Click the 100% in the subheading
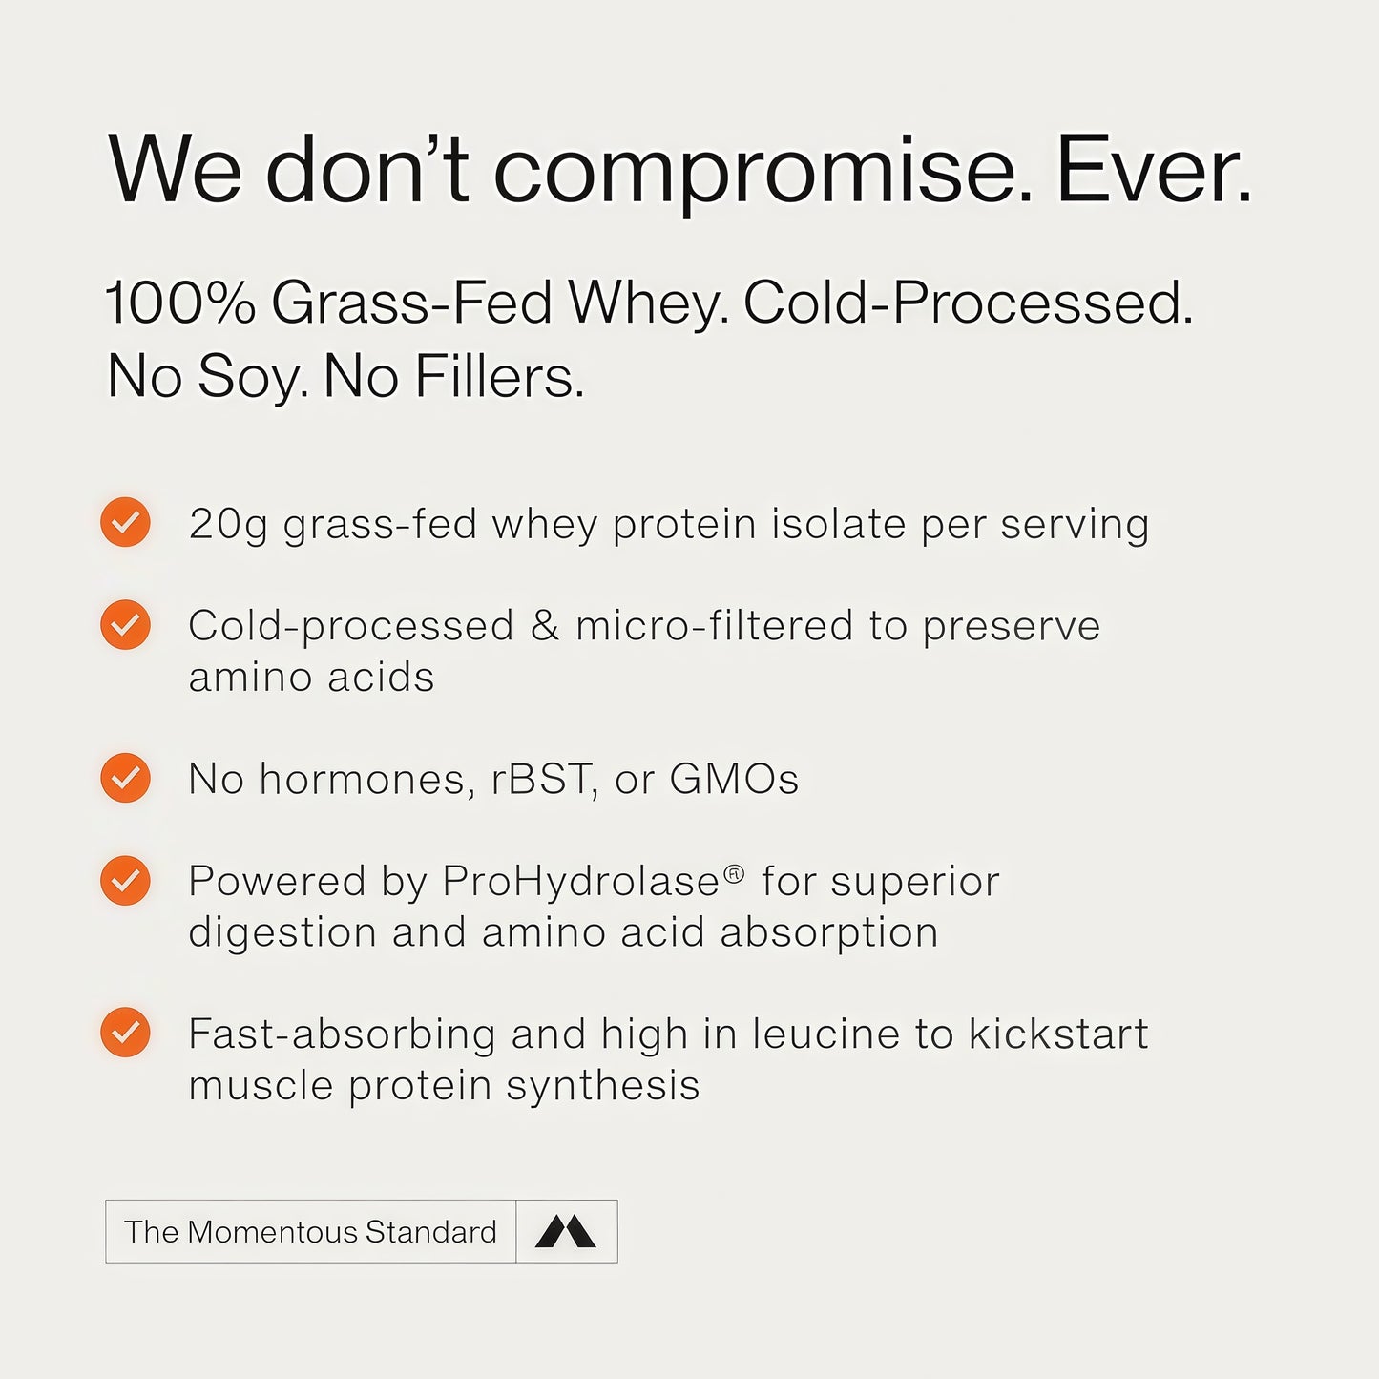coord(180,303)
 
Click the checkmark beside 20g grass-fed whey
coord(125,523)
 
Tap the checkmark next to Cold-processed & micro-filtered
coord(125,625)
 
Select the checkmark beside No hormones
coord(125,778)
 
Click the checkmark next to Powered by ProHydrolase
coord(125,880)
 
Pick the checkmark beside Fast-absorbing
coord(125,1033)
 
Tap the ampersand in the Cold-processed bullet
coord(545,626)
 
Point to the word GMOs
coord(734,779)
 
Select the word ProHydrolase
coord(580,882)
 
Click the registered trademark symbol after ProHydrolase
coord(734,872)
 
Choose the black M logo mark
coord(566,1231)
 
